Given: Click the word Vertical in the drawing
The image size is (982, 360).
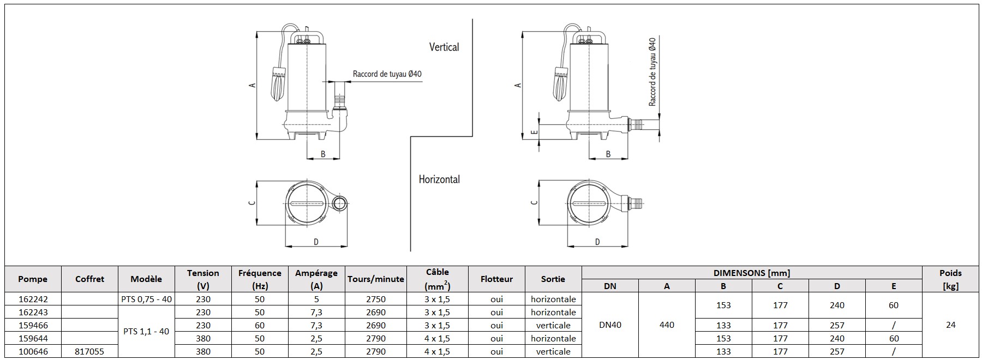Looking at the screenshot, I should click(444, 47).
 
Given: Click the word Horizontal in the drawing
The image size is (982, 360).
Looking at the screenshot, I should click(439, 179).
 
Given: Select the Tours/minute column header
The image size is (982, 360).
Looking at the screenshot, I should click(375, 279).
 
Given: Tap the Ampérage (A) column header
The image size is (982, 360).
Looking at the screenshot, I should click(316, 279).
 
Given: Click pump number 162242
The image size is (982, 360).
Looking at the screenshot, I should click(33, 299).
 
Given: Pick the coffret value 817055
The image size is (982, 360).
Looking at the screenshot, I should click(89, 352).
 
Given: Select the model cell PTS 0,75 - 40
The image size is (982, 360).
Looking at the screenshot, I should click(146, 299).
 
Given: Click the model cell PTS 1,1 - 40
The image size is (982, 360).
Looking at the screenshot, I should click(146, 332).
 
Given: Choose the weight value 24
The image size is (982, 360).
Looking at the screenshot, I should click(950, 325).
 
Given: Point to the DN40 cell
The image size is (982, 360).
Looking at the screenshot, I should click(610, 325).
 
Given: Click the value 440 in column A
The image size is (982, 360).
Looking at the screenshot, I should click(667, 325).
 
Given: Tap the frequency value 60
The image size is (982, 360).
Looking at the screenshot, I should click(260, 326).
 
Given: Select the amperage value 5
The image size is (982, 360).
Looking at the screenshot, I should click(316, 299).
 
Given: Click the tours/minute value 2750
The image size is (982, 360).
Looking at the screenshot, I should click(375, 299).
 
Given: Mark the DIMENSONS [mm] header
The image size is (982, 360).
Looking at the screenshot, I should click(752, 273).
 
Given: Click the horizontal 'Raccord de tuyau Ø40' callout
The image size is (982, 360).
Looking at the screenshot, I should click(387, 74).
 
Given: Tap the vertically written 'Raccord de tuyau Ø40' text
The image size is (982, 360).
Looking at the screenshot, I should click(652, 72).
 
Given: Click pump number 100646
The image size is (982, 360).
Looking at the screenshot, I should click(33, 352).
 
